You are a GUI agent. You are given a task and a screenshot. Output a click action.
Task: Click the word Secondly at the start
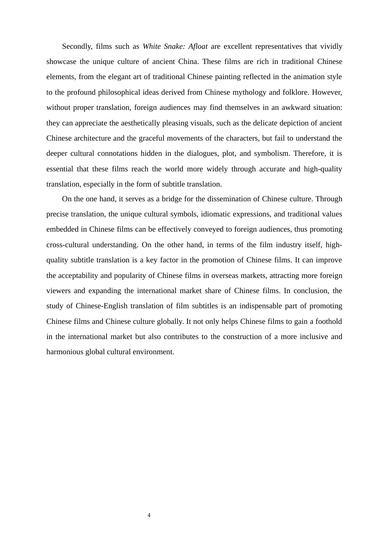point(77,46)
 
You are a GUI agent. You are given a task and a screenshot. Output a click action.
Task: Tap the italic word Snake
point(174,46)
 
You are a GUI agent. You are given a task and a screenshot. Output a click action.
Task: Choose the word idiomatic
point(215,214)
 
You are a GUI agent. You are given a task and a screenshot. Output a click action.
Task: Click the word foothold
point(328,321)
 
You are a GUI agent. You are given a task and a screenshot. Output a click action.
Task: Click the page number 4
point(149,515)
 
